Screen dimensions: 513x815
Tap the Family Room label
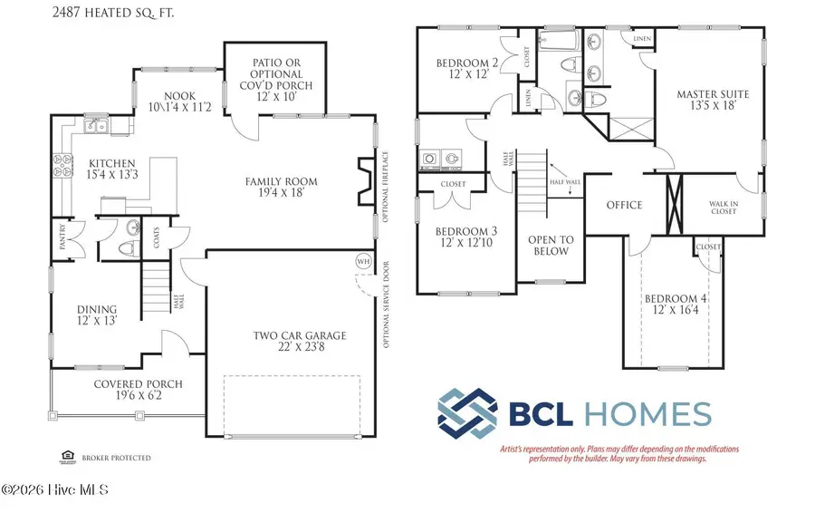pos(281,182)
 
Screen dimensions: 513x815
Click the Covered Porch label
pos(138,384)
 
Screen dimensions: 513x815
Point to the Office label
pos(624,205)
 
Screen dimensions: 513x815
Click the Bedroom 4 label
pos(675,298)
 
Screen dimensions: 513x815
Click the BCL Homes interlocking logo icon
pos(466,413)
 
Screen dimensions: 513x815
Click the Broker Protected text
pos(116,459)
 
